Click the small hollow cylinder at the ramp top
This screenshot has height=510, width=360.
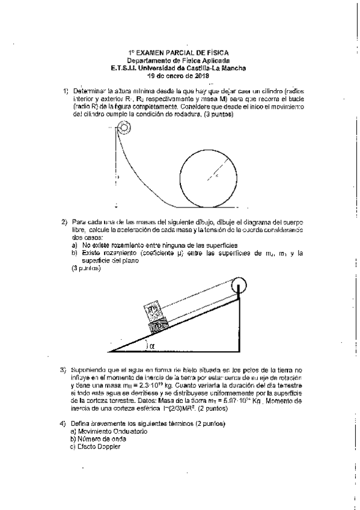coord(124,127)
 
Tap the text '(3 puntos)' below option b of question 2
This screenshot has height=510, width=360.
coord(85,268)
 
